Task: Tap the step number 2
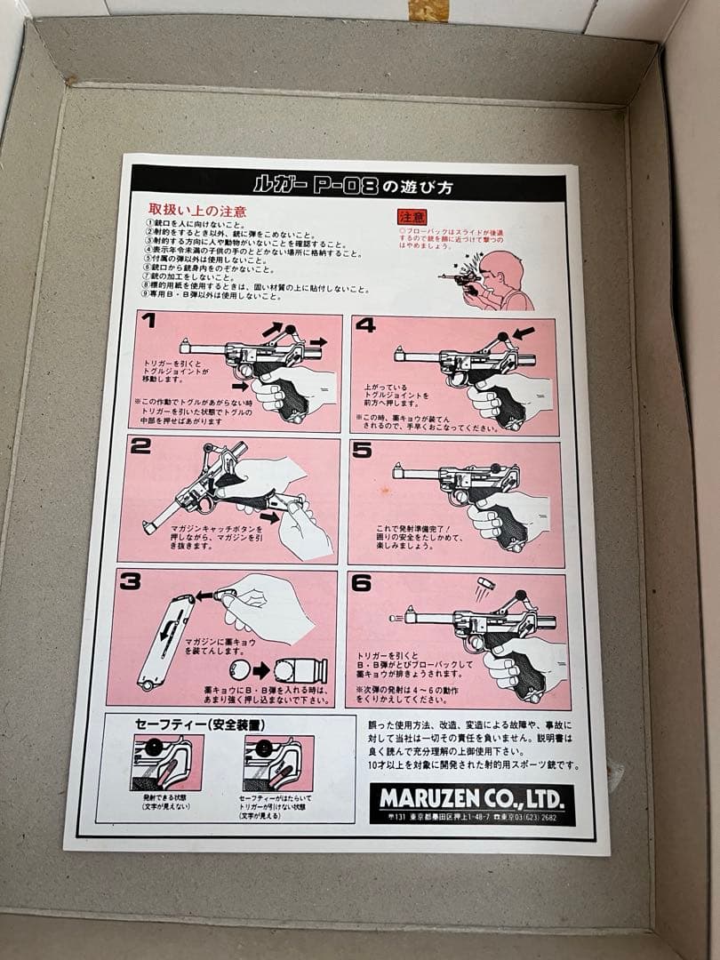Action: (140, 446)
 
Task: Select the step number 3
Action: (131, 582)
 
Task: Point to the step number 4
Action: (365, 325)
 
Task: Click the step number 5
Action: (362, 451)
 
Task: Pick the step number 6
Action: (361, 584)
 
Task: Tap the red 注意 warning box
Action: (412, 216)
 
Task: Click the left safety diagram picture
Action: (167, 763)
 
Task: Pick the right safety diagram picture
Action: (278, 764)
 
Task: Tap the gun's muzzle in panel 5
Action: (397, 471)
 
